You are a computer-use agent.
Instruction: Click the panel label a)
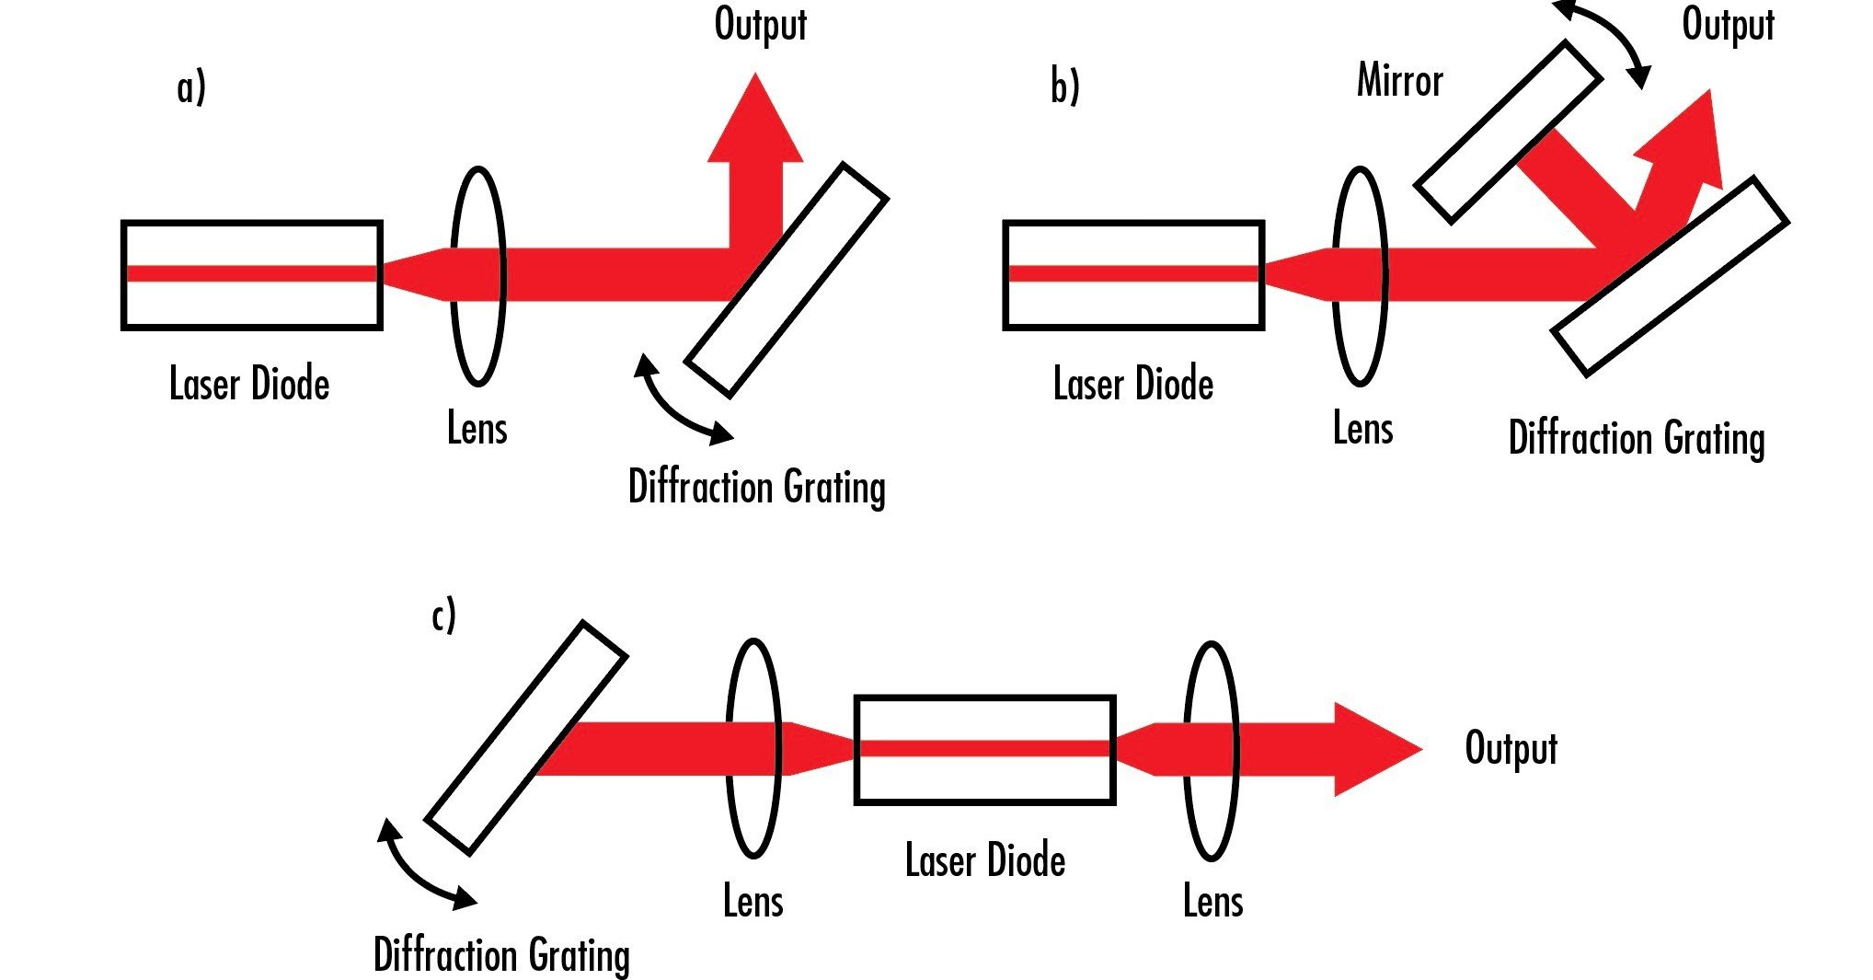191,88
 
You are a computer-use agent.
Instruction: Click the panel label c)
443,616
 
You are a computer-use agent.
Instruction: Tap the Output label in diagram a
760,24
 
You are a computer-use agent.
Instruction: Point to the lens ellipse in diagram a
477,275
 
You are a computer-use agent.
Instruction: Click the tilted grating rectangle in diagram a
787,280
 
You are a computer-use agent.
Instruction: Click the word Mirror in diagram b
1399,80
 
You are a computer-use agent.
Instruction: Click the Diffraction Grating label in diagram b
1636,438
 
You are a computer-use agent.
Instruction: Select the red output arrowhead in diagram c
1375,749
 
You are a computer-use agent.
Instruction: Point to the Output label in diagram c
1511,748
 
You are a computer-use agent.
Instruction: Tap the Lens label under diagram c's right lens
1212,901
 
